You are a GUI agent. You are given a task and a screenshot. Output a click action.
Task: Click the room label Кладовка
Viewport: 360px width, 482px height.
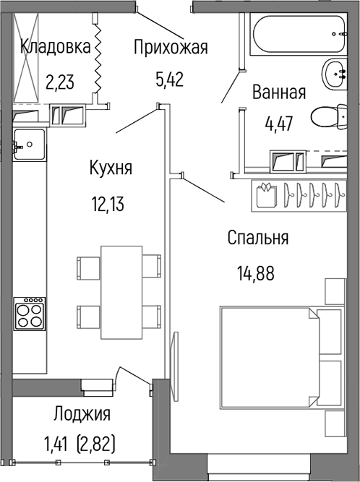[56, 48]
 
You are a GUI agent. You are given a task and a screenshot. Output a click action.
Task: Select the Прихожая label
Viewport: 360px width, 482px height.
[171, 48]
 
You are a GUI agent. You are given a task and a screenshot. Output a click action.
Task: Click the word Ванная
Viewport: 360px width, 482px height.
[279, 92]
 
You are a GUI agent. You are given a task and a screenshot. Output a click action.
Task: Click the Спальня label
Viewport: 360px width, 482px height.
[257, 238]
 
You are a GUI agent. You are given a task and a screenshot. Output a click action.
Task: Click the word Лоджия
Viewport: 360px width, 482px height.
[81, 414]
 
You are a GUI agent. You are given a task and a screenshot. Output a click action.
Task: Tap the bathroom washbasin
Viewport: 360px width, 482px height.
[336, 72]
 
